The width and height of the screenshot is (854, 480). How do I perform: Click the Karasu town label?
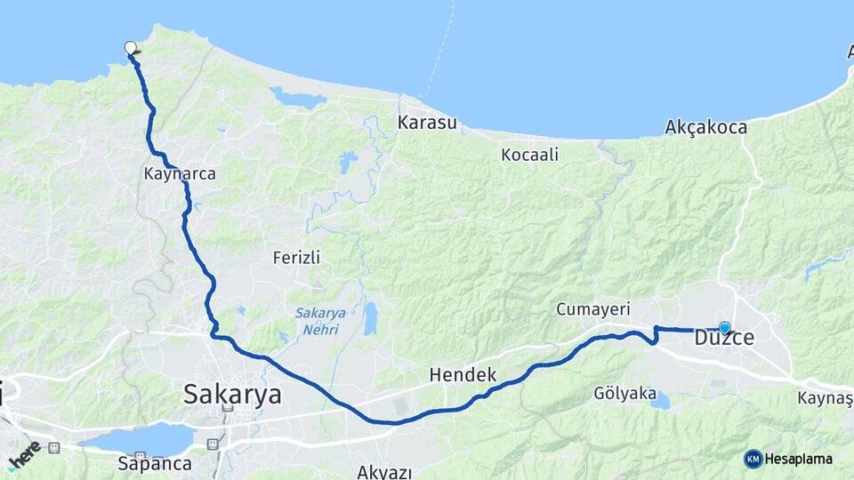point(428,122)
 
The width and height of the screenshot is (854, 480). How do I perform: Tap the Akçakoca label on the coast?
point(705,128)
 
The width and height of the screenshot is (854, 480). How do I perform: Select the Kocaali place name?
point(529,155)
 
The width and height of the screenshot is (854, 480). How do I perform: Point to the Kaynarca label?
point(180,174)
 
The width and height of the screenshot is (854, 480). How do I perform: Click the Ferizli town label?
point(296,258)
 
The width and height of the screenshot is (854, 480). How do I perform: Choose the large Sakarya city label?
point(232,394)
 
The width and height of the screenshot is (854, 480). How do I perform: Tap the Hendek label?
point(463,374)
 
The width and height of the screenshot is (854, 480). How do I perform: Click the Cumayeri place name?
point(592,309)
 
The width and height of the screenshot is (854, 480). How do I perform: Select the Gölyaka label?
point(624,393)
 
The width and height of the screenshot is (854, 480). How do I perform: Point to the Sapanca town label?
point(155,463)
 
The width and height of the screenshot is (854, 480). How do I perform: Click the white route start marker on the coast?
point(131,48)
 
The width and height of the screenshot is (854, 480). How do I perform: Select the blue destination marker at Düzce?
point(724,327)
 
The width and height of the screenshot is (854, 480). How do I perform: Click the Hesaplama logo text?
point(799,459)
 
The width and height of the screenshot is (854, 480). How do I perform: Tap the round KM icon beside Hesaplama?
point(753,459)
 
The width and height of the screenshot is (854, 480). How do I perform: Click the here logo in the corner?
point(24,454)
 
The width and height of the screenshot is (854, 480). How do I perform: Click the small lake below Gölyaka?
point(660,402)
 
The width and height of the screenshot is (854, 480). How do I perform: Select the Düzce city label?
point(724,339)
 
